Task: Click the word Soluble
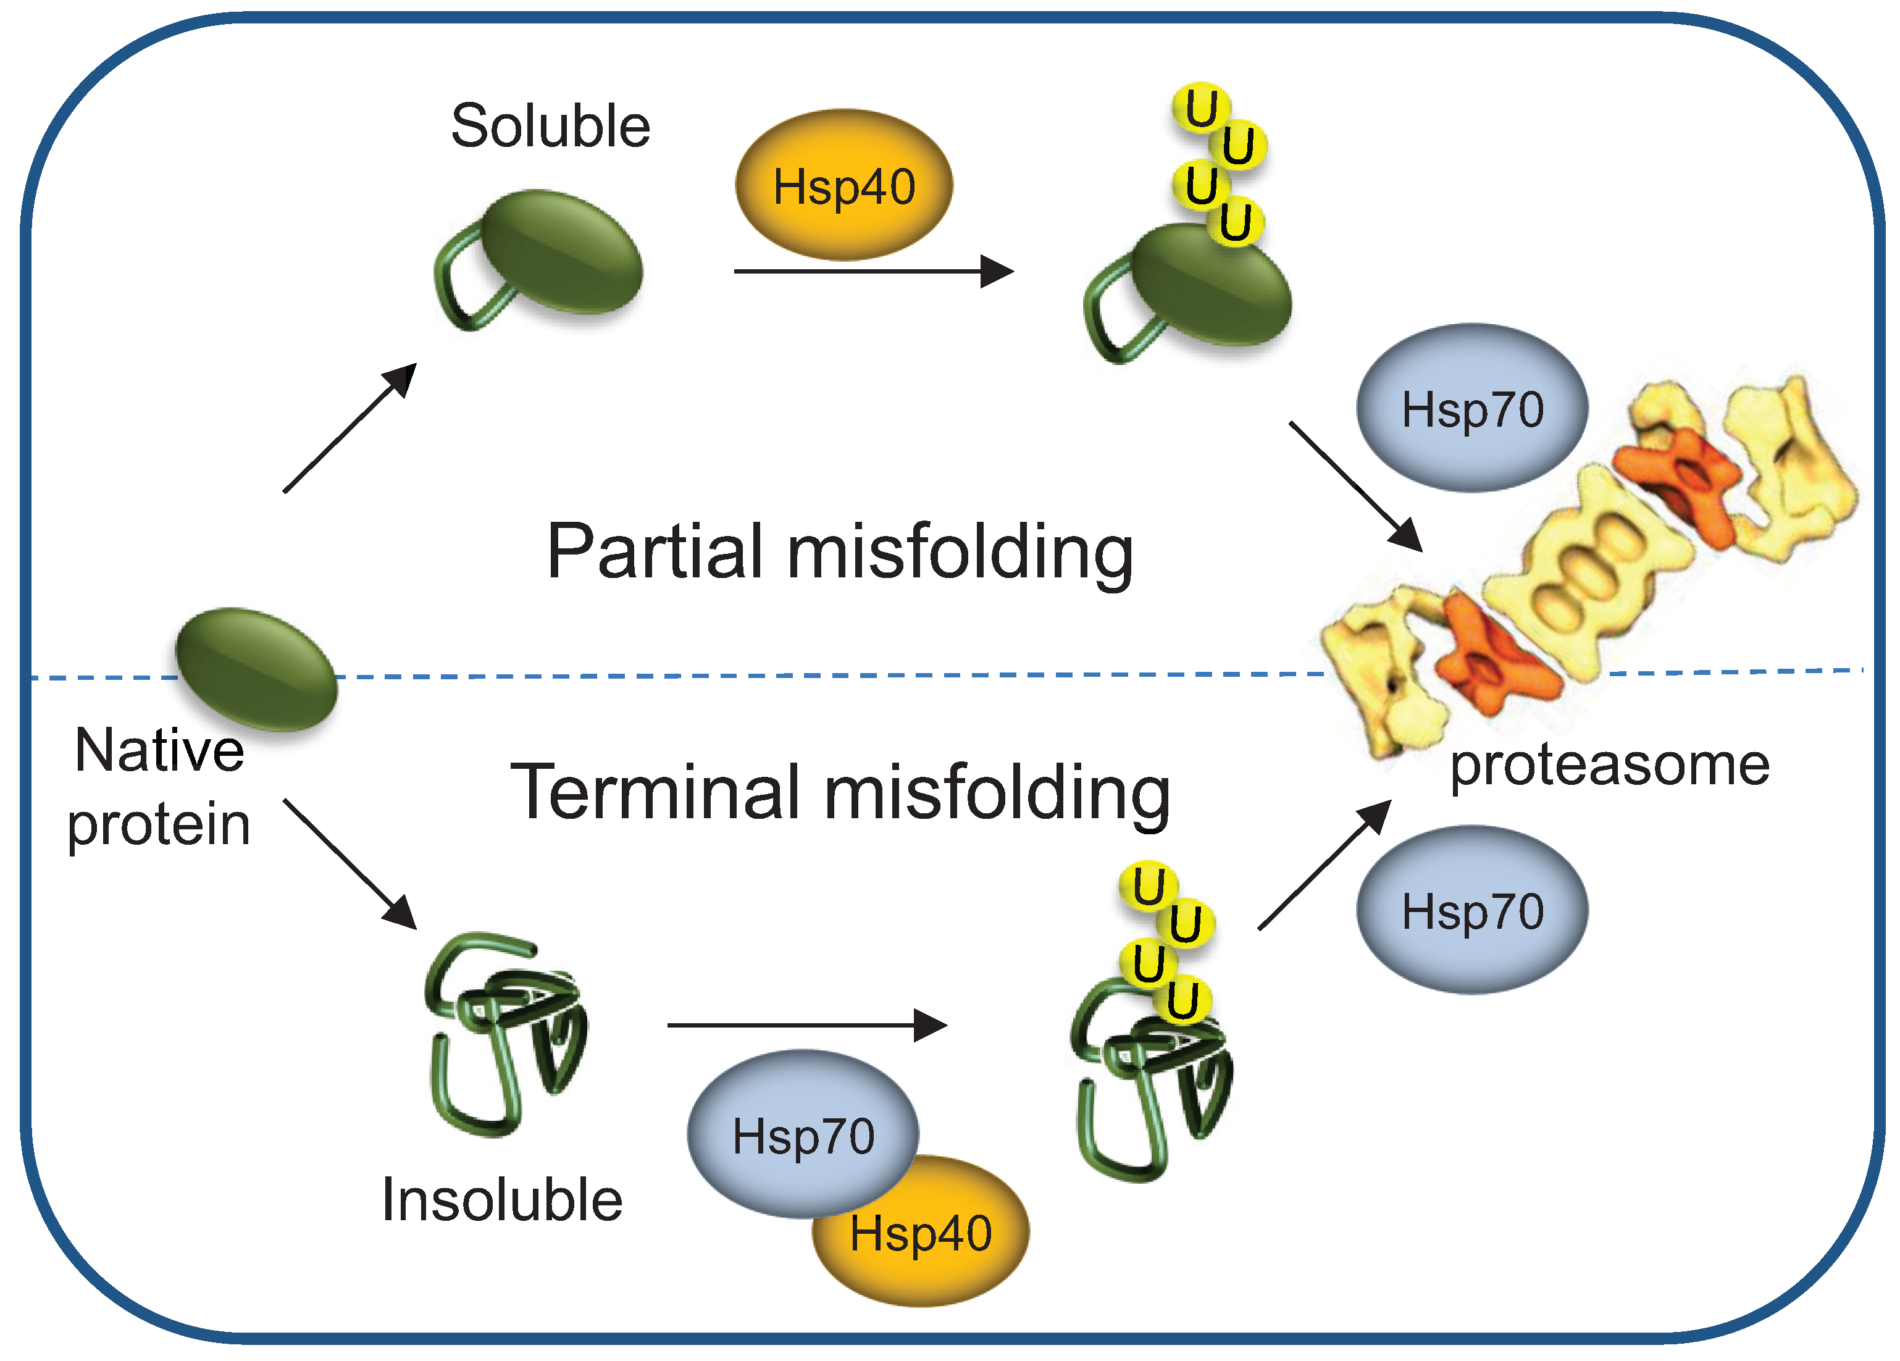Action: pyautogui.click(x=550, y=127)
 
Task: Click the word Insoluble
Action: pyautogui.click(x=502, y=1200)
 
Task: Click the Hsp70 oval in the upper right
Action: pyautogui.click(x=1472, y=409)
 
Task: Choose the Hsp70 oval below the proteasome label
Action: pyautogui.click(x=1472, y=910)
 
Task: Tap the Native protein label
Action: pyautogui.click(x=159, y=787)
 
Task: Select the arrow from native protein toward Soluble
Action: pyautogui.click(x=349, y=428)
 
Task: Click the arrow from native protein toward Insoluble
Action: pyautogui.click(x=349, y=863)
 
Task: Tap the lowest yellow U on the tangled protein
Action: pyautogui.click(x=1182, y=1000)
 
